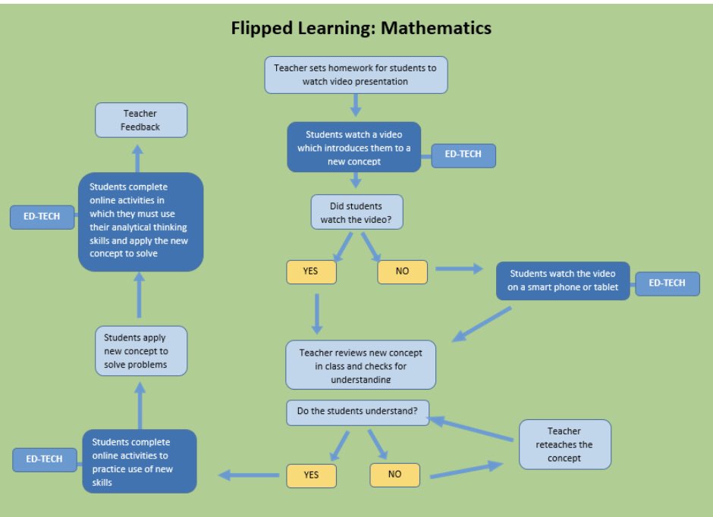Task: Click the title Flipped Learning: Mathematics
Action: pos(361,29)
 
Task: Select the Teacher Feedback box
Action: pos(140,121)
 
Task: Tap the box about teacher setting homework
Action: pos(355,74)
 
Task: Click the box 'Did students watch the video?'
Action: pos(356,212)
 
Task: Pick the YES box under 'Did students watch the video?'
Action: pos(311,271)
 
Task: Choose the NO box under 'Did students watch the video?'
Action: pos(402,271)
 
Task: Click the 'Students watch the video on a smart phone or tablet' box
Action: pos(562,280)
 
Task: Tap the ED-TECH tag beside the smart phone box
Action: pos(667,284)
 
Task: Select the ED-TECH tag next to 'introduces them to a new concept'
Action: pos(463,155)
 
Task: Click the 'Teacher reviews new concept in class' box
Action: pos(360,365)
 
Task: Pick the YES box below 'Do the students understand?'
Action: pos(311,475)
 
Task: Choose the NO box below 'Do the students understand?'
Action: pos(394,475)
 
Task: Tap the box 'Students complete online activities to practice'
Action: pos(140,462)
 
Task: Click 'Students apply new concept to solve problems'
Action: pos(141,351)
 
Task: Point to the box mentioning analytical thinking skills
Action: pos(141,221)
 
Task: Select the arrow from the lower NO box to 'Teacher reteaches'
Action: pos(466,470)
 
